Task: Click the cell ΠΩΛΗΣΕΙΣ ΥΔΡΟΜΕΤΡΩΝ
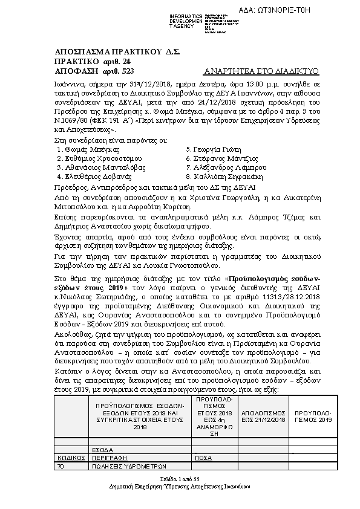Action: [128, 466]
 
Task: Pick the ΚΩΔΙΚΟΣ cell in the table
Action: [70, 459]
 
